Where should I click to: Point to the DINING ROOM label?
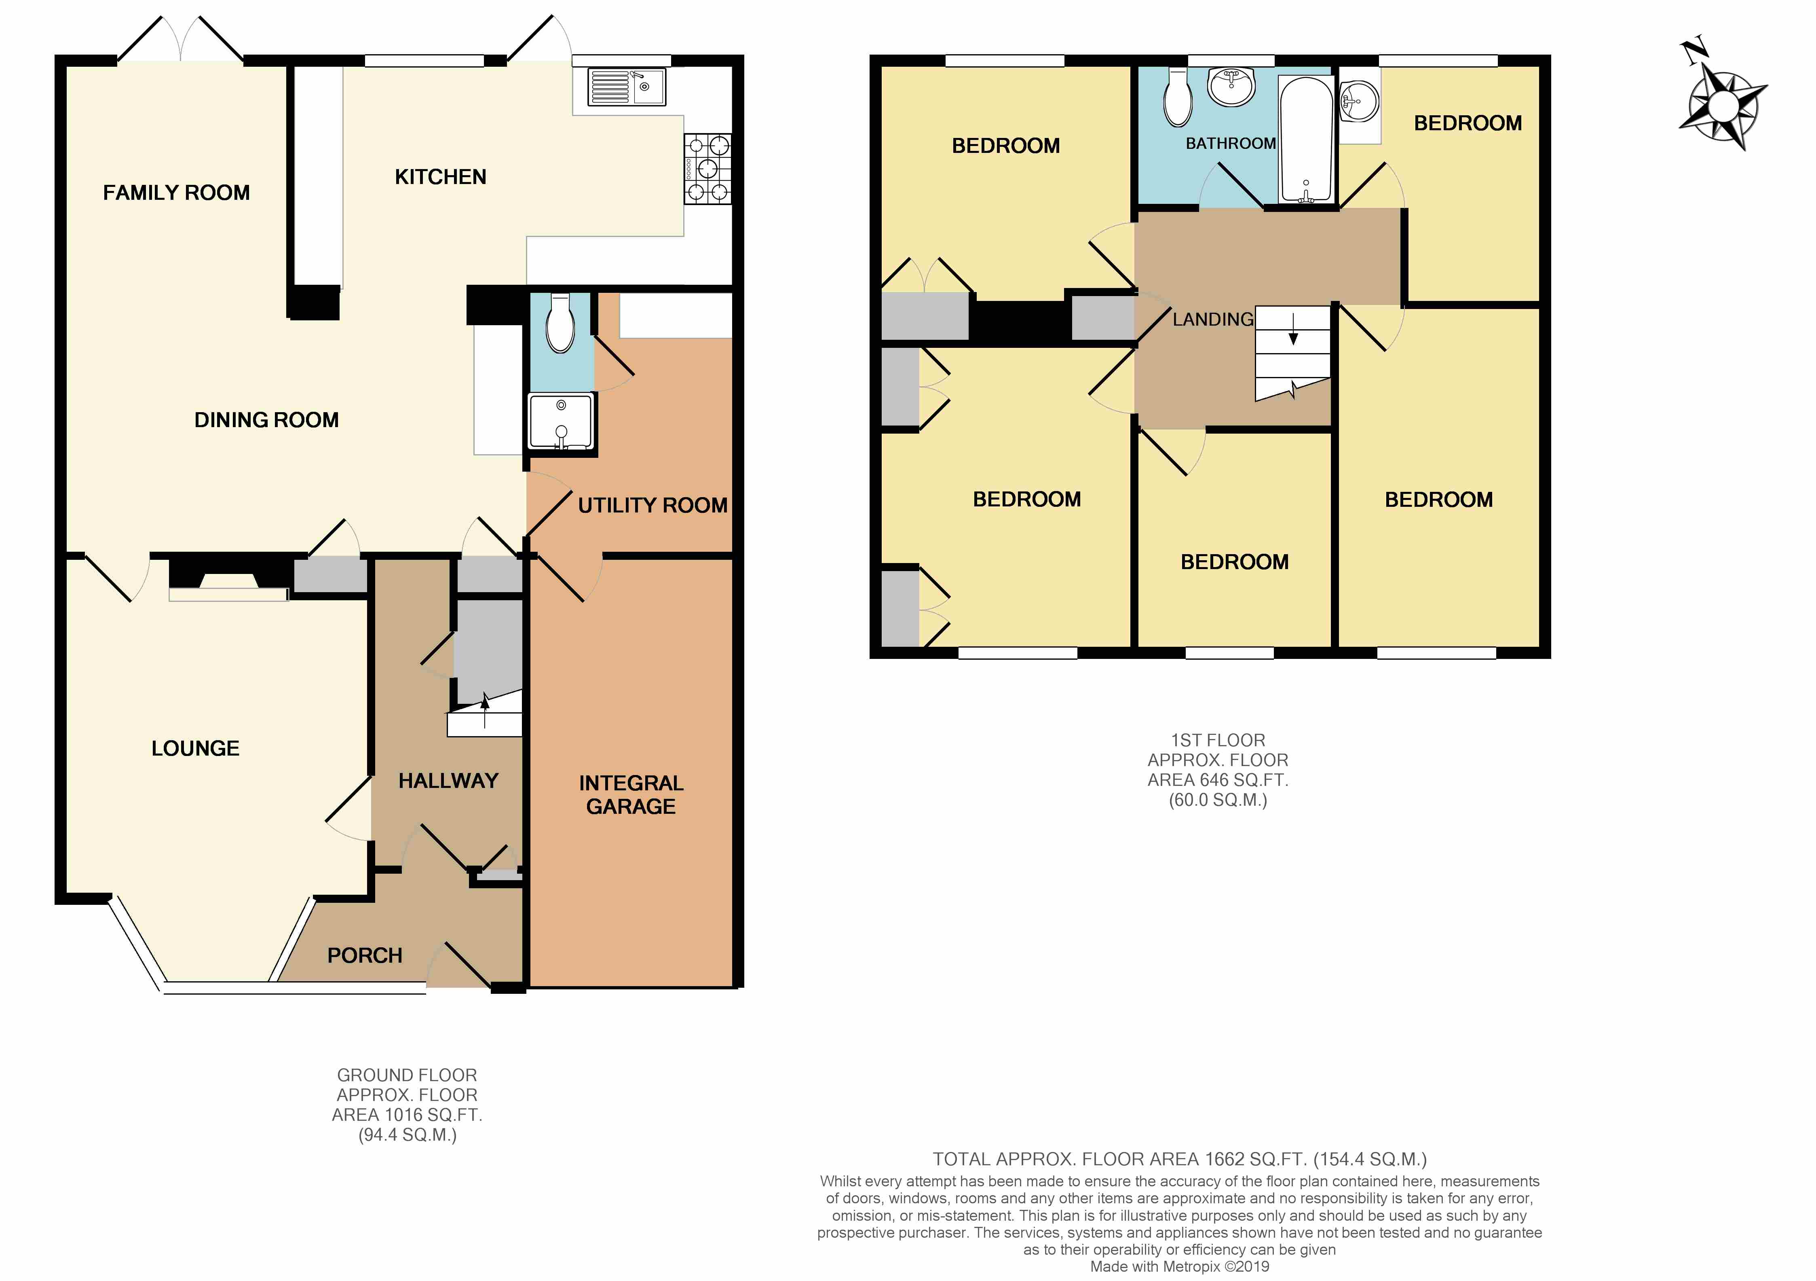[x=266, y=420]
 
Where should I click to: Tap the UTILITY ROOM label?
[x=652, y=506]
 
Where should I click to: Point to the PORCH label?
[x=365, y=956]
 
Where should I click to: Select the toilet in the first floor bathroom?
[x=1178, y=99]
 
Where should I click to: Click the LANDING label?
[x=1212, y=320]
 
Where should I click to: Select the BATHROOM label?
[x=1230, y=143]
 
